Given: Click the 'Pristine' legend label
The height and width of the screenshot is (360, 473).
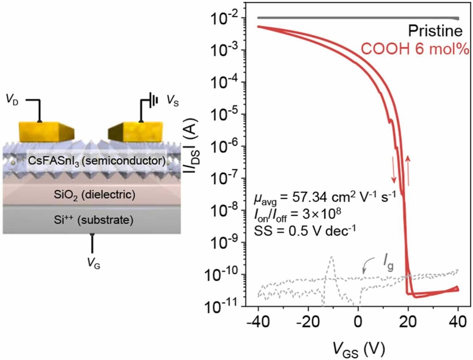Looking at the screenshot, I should pyautogui.click(x=436, y=32).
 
